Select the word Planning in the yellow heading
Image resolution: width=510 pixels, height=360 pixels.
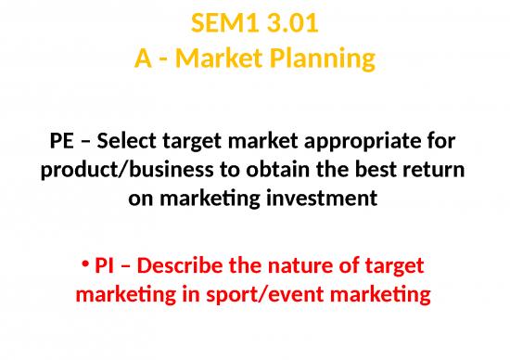pos(323,60)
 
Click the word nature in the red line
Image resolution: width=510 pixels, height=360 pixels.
pos(295,265)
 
